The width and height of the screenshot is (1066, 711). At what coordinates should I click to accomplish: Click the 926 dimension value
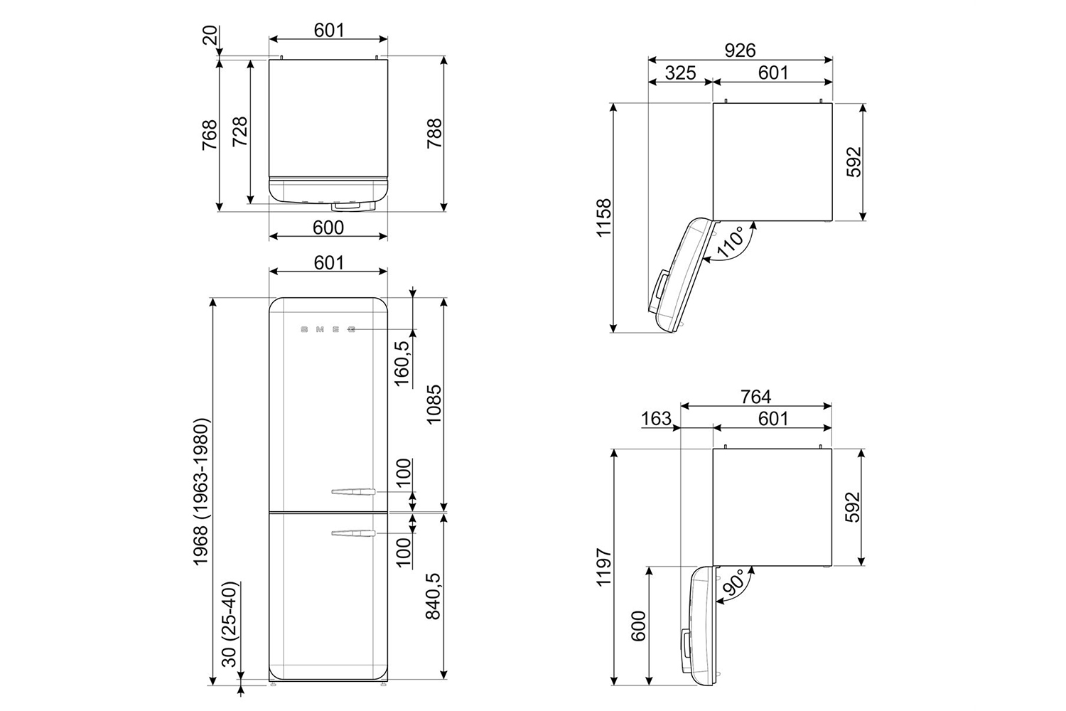tap(740, 50)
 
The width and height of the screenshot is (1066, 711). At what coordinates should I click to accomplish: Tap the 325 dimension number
tap(680, 73)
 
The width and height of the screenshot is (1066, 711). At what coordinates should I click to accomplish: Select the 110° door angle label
tap(731, 242)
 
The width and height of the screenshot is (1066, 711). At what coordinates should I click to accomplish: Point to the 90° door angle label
tap(735, 583)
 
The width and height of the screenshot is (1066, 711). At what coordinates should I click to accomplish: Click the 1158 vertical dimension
tap(604, 218)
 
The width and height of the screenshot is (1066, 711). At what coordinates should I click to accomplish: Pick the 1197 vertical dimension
tap(604, 567)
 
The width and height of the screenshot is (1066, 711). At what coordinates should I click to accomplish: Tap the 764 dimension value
tap(755, 396)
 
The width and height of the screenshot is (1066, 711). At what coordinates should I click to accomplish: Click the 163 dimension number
tap(656, 419)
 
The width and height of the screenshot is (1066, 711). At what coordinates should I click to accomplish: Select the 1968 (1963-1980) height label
tap(201, 492)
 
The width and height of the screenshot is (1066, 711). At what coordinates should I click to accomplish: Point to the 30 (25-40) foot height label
tap(230, 624)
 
